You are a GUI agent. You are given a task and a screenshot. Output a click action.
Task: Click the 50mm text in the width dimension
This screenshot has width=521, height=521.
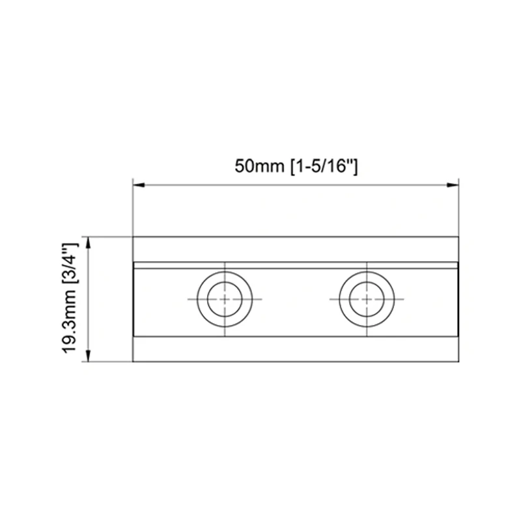tap(256, 167)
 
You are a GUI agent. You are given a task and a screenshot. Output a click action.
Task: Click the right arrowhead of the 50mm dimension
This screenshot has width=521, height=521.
tap(455, 186)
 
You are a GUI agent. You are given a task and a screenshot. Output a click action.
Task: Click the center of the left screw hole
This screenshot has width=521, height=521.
tap(225, 299)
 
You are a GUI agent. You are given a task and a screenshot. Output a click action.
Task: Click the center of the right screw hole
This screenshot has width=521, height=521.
tap(367, 299)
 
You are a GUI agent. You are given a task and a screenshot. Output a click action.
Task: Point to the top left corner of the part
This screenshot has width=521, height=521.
tap(133, 237)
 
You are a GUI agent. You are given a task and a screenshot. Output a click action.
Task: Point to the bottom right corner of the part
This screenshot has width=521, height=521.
tap(460, 361)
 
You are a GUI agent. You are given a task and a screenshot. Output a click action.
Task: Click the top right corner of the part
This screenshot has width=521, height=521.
tap(460, 237)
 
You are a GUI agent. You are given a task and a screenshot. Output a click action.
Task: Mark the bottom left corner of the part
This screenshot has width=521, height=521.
tap(133, 361)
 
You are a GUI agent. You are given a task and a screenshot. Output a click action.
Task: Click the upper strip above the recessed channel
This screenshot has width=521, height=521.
tap(296, 249)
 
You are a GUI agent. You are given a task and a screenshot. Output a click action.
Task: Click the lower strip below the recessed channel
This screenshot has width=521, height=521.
tap(296, 350)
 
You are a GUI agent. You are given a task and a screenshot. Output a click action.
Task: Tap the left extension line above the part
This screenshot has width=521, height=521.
tap(133, 208)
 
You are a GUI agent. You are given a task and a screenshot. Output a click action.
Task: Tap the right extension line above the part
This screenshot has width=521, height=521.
tap(460, 208)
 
